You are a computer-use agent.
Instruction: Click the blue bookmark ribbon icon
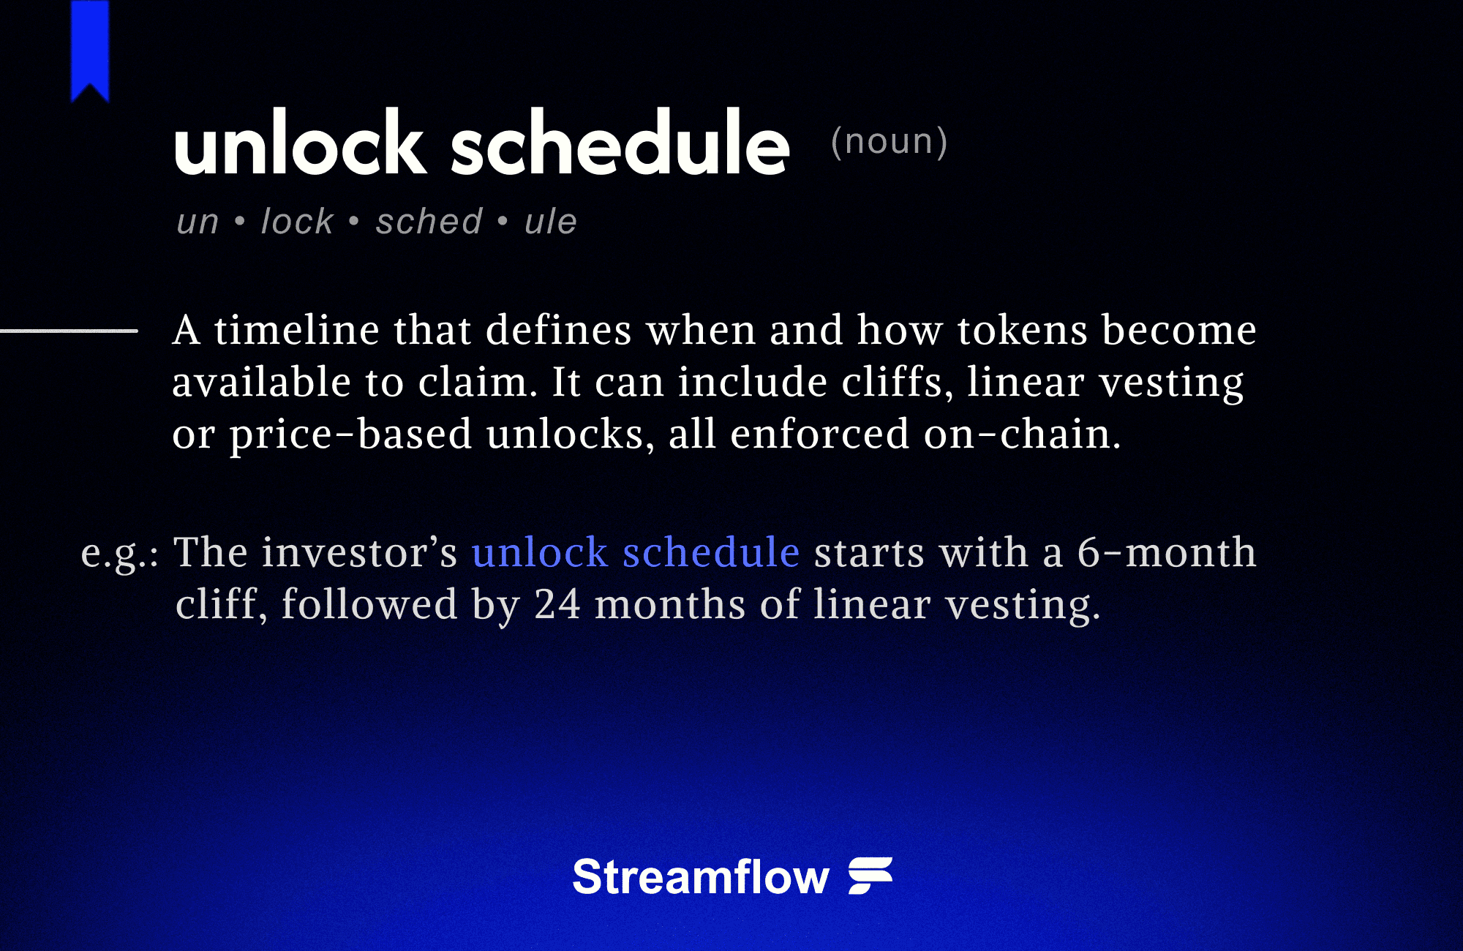[90, 48]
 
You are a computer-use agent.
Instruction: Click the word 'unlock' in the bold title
[300, 143]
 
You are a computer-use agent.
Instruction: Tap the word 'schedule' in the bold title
[620, 143]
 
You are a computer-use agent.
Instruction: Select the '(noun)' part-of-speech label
[889, 141]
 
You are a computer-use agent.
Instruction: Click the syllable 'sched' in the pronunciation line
[429, 221]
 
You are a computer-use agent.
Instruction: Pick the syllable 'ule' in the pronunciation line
[551, 221]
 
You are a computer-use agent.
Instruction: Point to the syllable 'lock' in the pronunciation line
[297, 221]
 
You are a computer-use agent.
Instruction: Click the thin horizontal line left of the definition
[69, 331]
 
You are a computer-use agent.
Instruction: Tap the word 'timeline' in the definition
[296, 330]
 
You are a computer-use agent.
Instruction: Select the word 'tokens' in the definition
[1022, 330]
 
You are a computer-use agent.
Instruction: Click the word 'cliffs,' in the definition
[898, 382]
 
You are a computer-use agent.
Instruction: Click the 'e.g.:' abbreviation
[119, 553]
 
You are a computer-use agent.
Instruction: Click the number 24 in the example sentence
[557, 604]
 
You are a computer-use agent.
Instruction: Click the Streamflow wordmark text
[700, 876]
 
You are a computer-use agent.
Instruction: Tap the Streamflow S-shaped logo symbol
[870, 876]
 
